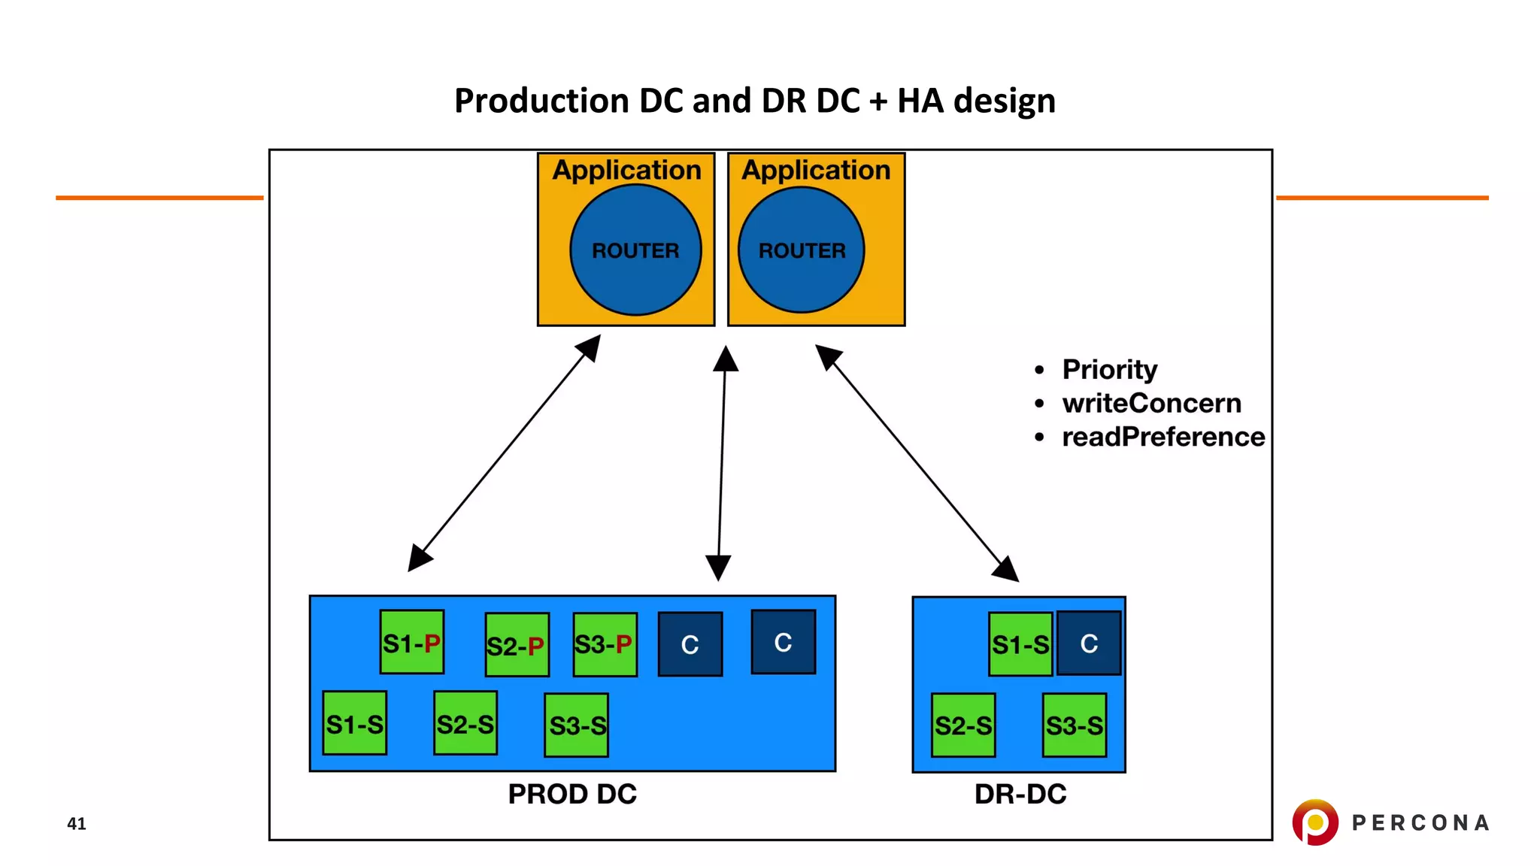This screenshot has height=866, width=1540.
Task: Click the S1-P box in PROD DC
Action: pyautogui.click(x=411, y=642)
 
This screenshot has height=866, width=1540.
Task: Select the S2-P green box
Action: pyautogui.click(x=517, y=645)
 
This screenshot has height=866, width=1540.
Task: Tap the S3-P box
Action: pyautogui.click(x=605, y=644)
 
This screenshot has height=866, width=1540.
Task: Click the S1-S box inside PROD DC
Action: pyautogui.click(x=354, y=723)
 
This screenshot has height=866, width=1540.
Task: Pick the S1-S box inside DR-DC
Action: pyautogui.click(x=1020, y=643)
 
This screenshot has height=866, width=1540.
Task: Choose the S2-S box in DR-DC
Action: pyautogui.click(x=962, y=725)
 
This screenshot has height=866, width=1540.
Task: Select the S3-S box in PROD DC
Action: pyautogui.click(x=576, y=725)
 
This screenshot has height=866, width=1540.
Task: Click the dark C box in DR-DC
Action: pyautogui.click(x=1089, y=643)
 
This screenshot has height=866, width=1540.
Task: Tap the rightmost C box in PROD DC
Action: pyautogui.click(x=783, y=642)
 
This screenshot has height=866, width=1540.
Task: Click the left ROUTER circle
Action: pyautogui.click(x=635, y=250)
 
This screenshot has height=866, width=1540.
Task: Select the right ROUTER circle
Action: pyautogui.click(x=802, y=250)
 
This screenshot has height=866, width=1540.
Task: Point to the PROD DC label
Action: pyautogui.click(x=572, y=794)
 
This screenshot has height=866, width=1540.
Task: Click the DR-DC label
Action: pyautogui.click(x=1020, y=794)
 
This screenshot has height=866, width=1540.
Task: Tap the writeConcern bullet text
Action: pyautogui.click(x=1150, y=404)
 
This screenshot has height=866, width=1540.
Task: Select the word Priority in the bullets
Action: pyautogui.click(x=1109, y=370)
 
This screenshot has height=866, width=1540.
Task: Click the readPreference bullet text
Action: pyautogui.click(x=1163, y=437)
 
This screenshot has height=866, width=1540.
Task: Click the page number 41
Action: pyautogui.click(x=77, y=823)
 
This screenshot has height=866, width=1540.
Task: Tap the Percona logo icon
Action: pyautogui.click(x=1314, y=822)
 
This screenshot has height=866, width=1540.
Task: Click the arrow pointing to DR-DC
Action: pyautogui.click(x=917, y=463)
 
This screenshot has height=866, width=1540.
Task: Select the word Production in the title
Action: pyautogui.click(x=541, y=101)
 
